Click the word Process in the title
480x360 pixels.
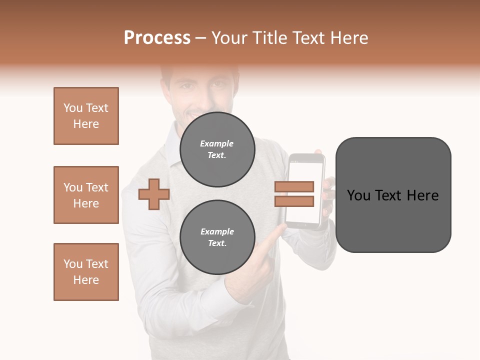click(x=157, y=38)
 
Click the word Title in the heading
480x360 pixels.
click(x=269, y=38)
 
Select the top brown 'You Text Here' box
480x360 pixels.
click(x=86, y=116)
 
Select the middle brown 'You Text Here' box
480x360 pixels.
click(x=86, y=195)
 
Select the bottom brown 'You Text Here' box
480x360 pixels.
click(x=86, y=272)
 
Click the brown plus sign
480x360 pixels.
click(x=153, y=194)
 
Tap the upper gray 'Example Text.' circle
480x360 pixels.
click(x=217, y=149)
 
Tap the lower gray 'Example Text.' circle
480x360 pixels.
click(x=217, y=237)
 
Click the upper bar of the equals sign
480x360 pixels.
click(x=294, y=186)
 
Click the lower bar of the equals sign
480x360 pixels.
click(x=294, y=201)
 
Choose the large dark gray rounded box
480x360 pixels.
click(x=393, y=195)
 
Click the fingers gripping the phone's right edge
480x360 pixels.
click(x=328, y=197)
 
